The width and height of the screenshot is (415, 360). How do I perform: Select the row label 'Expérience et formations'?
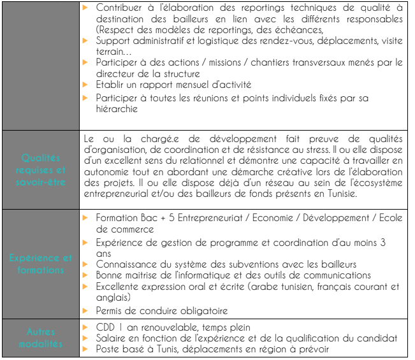click(x=41, y=264)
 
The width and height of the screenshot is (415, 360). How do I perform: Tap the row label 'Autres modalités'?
click(x=41, y=338)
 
